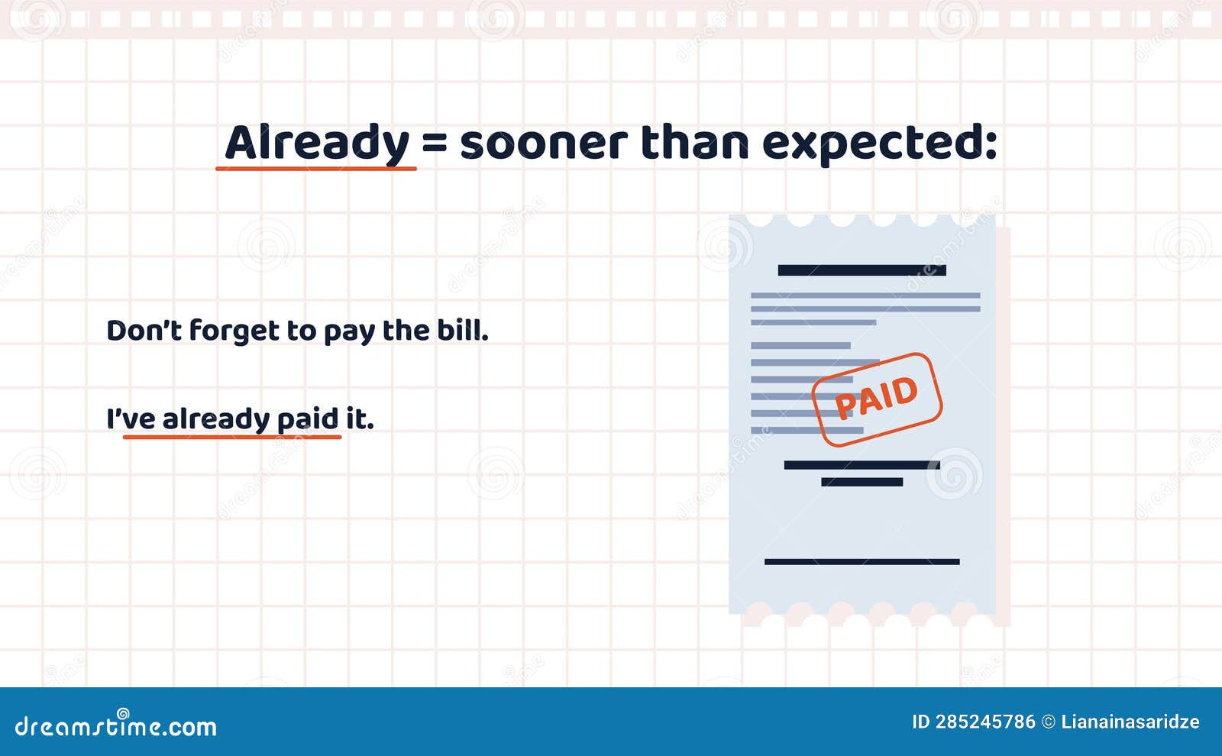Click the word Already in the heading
(x=317, y=142)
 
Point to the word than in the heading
(x=694, y=142)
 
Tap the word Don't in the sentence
(x=144, y=330)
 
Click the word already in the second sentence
(x=216, y=419)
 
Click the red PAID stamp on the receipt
(x=877, y=399)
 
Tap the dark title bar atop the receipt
(x=862, y=270)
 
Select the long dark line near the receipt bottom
(x=862, y=562)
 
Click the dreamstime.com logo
(x=115, y=725)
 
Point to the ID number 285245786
(x=985, y=722)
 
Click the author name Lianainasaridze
(x=1130, y=722)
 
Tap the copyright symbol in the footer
(x=1049, y=722)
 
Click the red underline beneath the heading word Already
(x=316, y=169)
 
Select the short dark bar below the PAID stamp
(x=862, y=482)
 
